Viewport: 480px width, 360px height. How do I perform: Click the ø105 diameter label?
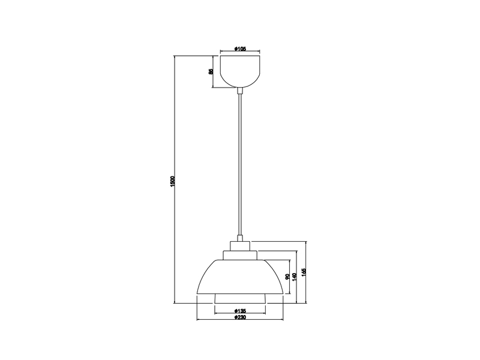click(240, 49)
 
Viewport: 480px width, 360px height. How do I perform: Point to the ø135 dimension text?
click(239, 311)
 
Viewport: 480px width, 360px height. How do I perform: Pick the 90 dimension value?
click(288, 277)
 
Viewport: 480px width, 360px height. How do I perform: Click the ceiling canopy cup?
click(240, 71)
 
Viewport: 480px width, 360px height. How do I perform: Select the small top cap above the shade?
click(240, 245)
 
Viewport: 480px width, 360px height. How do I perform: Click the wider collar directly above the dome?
click(240, 256)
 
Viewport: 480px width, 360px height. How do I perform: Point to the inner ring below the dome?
click(239, 298)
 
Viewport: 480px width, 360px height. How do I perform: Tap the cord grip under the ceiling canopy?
click(240, 91)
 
